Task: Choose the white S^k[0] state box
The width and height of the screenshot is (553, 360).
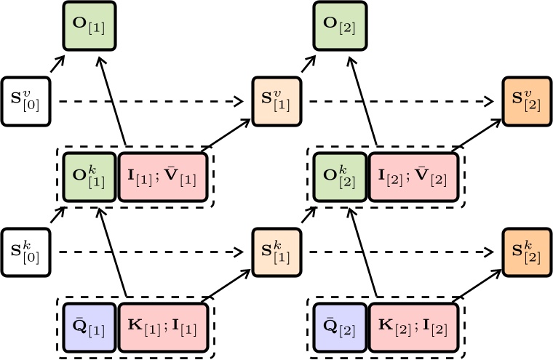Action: [25, 252]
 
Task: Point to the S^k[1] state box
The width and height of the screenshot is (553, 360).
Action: [276, 252]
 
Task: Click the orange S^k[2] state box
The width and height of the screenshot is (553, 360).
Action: [526, 252]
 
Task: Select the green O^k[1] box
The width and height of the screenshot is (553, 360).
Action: [89, 176]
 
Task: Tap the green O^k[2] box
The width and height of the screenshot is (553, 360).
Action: [340, 176]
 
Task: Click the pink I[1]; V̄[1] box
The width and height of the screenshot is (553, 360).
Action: [164, 176]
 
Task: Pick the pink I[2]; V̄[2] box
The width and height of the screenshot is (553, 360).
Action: [414, 176]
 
